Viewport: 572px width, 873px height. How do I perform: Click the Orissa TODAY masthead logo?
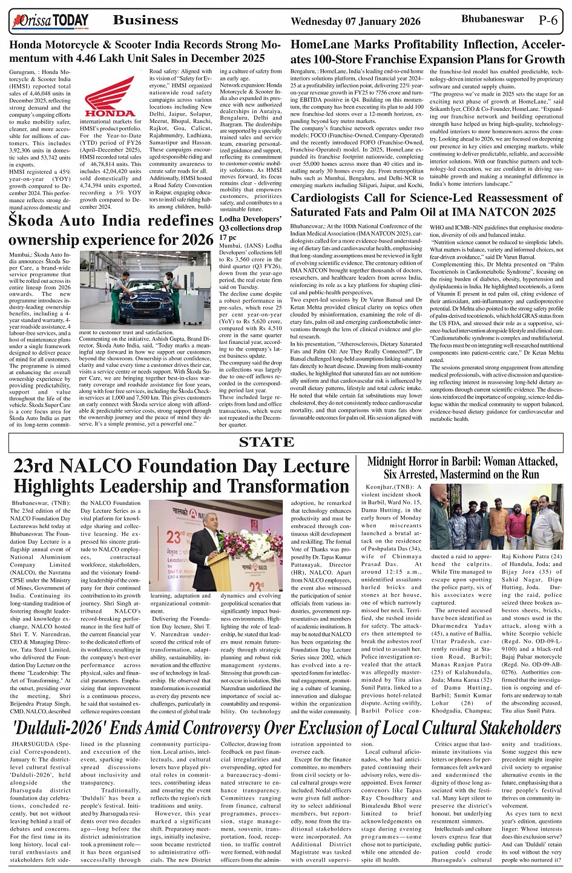point(50,21)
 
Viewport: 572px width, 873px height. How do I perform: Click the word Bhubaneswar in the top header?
point(492,19)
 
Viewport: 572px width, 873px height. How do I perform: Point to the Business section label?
point(146,20)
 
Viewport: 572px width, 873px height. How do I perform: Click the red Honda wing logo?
point(110,96)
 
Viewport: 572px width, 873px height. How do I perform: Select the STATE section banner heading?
point(266,442)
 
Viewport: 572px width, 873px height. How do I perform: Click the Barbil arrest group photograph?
point(496,516)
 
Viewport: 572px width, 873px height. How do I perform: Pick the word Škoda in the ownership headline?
point(36,221)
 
